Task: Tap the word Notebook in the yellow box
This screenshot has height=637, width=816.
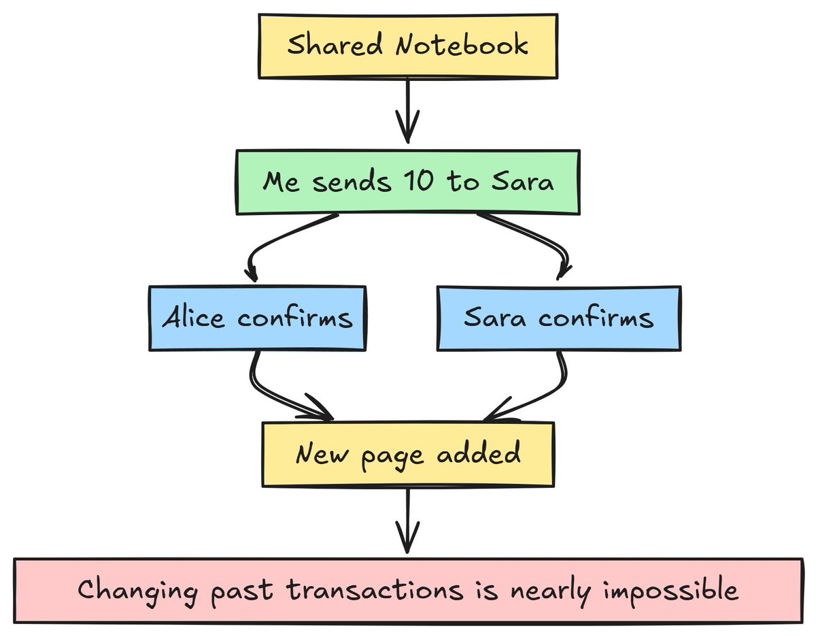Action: [x=461, y=46]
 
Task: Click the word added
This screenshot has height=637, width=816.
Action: [x=479, y=453]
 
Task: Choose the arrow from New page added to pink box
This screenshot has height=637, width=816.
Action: [x=407, y=521]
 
